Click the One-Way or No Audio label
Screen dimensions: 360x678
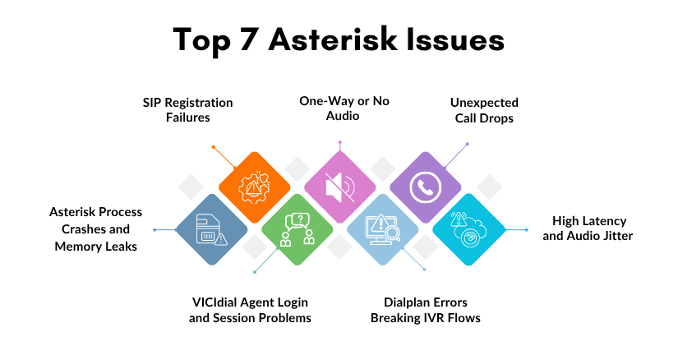(344, 110)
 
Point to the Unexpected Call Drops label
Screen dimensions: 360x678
(484, 110)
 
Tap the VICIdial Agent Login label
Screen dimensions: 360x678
(250, 302)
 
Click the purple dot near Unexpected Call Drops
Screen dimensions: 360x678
(468, 144)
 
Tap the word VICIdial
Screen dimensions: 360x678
(215, 302)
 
